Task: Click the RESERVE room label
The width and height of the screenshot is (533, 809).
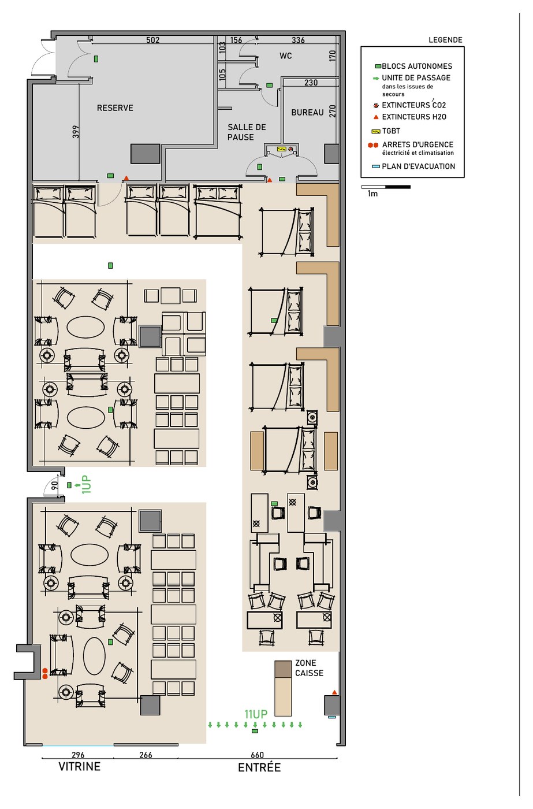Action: tap(115, 108)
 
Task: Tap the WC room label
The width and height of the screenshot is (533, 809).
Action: tap(285, 56)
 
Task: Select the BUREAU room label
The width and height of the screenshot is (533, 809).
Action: tap(307, 113)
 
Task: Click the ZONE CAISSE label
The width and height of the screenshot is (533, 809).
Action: tap(310, 668)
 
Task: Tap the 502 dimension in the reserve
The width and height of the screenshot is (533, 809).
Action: tap(152, 40)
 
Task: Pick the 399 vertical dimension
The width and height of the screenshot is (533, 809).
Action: tap(76, 132)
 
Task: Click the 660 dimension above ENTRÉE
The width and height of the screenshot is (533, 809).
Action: tap(258, 755)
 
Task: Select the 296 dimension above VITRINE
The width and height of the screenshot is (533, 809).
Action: tap(78, 755)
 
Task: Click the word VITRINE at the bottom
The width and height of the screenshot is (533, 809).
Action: tap(79, 766)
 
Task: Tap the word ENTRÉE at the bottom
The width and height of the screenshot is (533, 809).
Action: tap(259, 767)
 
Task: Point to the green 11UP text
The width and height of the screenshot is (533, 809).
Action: tap(256, 714)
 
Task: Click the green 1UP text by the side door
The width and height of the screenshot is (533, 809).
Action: tap(86, 484)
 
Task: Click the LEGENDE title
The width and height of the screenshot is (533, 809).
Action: tap(445, 40)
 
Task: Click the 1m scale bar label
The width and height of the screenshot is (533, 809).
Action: tap(372, 194)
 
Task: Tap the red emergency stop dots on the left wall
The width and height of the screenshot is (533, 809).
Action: tap(44, 673)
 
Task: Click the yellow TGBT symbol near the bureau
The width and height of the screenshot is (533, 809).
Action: tap(281, 149)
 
